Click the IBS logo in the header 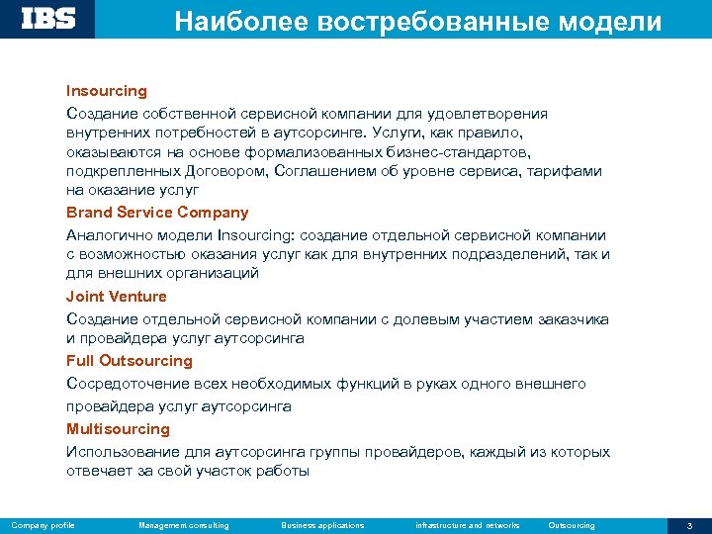(x=47, y=19)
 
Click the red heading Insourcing (x=106, y=91)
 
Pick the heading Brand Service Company (x=157, y=213)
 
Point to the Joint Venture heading (x=116, y=297)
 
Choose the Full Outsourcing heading (x=129, y=361)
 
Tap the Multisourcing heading (x=118, y=429)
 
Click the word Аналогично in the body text (x=111, y=235)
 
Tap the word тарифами (x=567, y=171)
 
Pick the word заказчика (x=573, y=319)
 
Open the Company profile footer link (x=43, y=525)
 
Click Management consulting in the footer (x=184, y=525)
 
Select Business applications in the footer (x=322, y=525)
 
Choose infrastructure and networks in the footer (x=468, y=525)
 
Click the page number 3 (x=689, y=525)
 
